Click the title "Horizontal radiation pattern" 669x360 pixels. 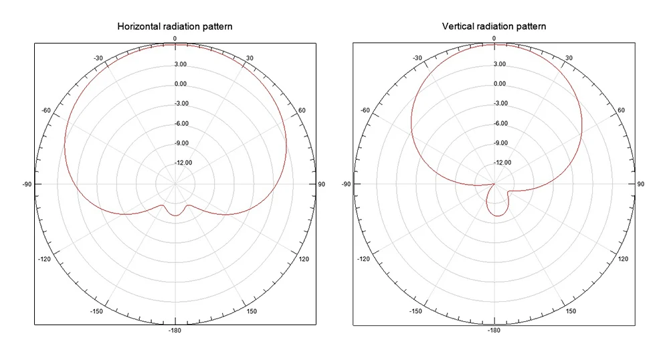pos(175,27)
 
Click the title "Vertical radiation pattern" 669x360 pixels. pos(494,27)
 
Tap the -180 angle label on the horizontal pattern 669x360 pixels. pos(175,331)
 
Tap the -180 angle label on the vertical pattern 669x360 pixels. pos(494,331)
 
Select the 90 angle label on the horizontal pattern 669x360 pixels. pos(321,184)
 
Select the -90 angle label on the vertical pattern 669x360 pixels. pos(346,184)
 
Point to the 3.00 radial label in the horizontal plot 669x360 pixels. pos(181,64)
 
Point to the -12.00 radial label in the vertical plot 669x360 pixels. pos(502,163)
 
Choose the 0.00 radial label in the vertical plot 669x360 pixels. pos(499,84)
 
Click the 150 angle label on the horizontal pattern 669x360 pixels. pos(252,311)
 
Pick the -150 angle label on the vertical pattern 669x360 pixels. pos(416,311)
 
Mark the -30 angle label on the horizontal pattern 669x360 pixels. pos(98,58)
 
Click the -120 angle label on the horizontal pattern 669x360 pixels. pos(45,259)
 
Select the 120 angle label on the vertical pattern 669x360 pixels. pos(622,259)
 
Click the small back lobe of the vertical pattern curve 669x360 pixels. pos(496,207)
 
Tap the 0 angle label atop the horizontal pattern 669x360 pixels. pos(175,39)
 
